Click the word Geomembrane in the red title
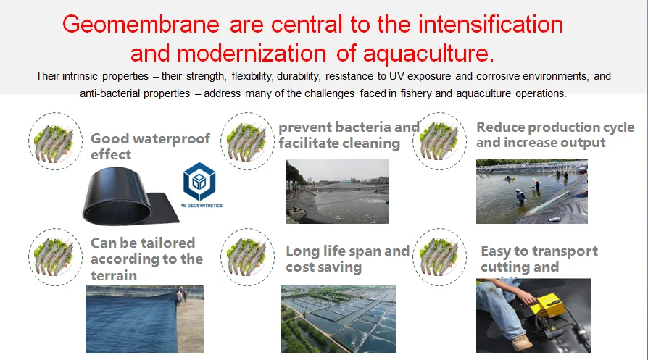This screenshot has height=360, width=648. pyautogui.click(x=141, y=25)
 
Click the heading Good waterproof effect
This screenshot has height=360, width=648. pyautogui.click(x=150, y=146)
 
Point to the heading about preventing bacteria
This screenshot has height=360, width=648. pyautogui.click(x=349, y=135)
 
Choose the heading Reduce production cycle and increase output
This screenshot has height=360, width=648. pyautogui.click(x=554, y=135)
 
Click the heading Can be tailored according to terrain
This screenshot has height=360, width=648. pyautogui.click(x=146, y=259)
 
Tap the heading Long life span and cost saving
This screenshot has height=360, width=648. pyautogui.click(x=347, y=259)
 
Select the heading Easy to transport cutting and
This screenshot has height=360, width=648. pyautogui.click(x=539, y=259)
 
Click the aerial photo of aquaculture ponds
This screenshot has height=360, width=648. pyautogui.click(x=338, y=319)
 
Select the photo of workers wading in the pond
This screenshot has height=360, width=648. pyautogui.click(x=531, y=191)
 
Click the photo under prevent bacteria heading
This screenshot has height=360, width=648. pyautogui.click(x=337, y=191)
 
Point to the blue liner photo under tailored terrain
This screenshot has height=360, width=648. pyautogui.click(x=144, y=319)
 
